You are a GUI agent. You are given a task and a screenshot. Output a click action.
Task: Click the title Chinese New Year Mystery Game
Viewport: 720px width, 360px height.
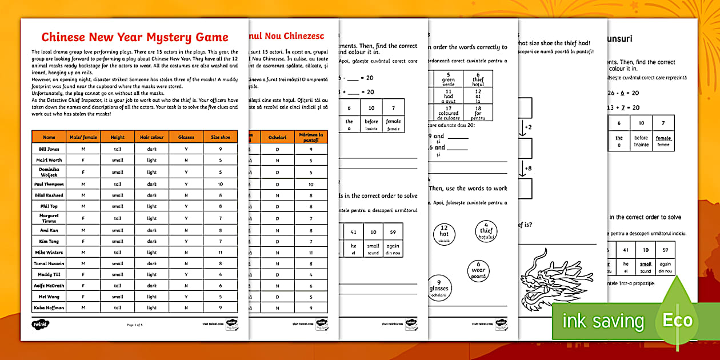(x=135, y=38)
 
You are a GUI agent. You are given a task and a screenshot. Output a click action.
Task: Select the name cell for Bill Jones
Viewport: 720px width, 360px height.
(x=49, y=149)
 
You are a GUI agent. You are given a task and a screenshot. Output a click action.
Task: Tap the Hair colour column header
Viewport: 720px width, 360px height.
(x=152, y=137)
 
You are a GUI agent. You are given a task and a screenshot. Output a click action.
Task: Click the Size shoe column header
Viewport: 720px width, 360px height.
(x=220, y=137)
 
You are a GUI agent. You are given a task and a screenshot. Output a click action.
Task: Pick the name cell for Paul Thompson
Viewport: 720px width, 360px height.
(x=49, y=184)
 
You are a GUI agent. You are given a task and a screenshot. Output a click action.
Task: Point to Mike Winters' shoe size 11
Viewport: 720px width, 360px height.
(x=220, y=252)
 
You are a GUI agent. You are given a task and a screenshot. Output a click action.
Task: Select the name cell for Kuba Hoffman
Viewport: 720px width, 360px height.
(x=49, y=307)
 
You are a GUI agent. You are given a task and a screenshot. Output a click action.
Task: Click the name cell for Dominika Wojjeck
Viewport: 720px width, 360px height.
(x=49, y=172)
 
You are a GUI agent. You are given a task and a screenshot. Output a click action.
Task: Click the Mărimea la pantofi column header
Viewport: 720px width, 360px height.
(x=311, y=137)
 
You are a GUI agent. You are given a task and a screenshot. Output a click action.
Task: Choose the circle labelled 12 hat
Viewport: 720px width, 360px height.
(x=444, y=234)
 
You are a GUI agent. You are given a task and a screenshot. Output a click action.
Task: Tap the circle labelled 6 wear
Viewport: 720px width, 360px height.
(x=478, y=270)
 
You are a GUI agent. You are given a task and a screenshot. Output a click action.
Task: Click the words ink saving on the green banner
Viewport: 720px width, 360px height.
(x=603, y=321)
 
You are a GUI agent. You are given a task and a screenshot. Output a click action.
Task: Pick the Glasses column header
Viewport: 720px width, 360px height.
(x=186, y=137)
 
